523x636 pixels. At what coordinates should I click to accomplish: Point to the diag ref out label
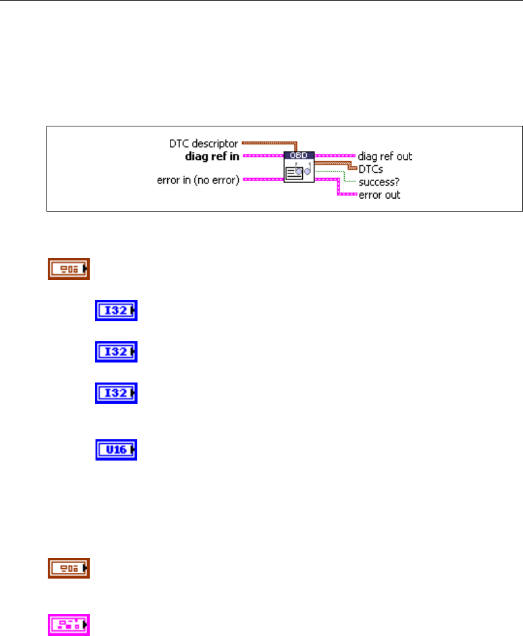[385, 156]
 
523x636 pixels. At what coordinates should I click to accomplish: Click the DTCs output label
[371, 169]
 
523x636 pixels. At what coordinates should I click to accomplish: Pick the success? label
[378, 183]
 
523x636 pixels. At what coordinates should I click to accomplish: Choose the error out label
[379, 194]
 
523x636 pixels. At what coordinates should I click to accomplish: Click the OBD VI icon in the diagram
[299, 167]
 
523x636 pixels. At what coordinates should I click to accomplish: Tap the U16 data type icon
[117, 449]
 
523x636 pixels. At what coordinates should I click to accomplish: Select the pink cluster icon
[69, 625]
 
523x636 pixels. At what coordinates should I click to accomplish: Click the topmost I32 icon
[117, 311]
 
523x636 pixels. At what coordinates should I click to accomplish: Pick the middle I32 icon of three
[117, 352]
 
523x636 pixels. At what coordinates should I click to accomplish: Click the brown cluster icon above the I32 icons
[69, 269]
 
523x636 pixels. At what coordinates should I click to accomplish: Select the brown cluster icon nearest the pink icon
[69, 568]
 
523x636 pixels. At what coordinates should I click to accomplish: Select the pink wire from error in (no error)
[261, 180]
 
